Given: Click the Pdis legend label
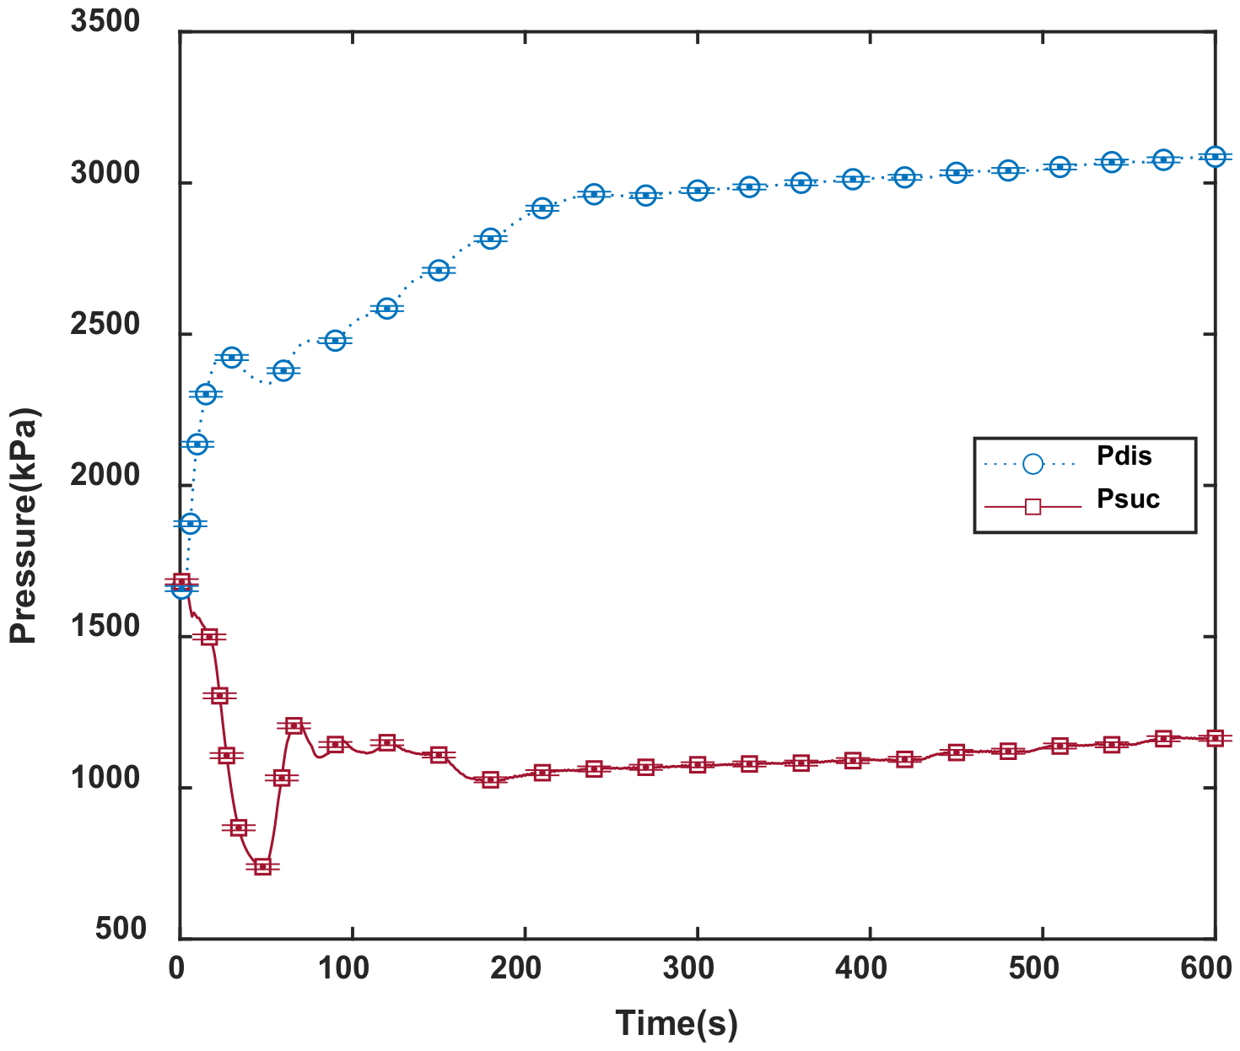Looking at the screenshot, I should (1124, 456).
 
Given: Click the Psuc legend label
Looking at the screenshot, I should (1128, 499).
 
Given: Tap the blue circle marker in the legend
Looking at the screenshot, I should (1032, 463).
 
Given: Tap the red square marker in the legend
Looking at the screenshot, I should (1032, 506).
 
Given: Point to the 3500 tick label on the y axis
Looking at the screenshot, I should (105, 22).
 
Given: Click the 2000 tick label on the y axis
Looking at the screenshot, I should (105, 477).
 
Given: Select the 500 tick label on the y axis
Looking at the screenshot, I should (121, 930).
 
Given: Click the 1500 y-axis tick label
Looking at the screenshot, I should (105, 628).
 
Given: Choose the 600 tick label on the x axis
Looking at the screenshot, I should (1206, 968).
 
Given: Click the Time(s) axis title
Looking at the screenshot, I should (677, 1024).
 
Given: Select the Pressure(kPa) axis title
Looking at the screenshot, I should (24, 526).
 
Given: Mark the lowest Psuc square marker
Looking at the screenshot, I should (262, 866).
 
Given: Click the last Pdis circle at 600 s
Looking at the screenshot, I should (1215, 157).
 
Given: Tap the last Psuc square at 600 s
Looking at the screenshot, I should (1215, 738).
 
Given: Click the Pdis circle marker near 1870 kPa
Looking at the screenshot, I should (191, 524).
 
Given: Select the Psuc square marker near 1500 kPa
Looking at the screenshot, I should (210, 637).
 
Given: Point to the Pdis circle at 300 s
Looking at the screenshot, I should (698, 191).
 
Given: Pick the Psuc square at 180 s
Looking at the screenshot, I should (491, 779).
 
